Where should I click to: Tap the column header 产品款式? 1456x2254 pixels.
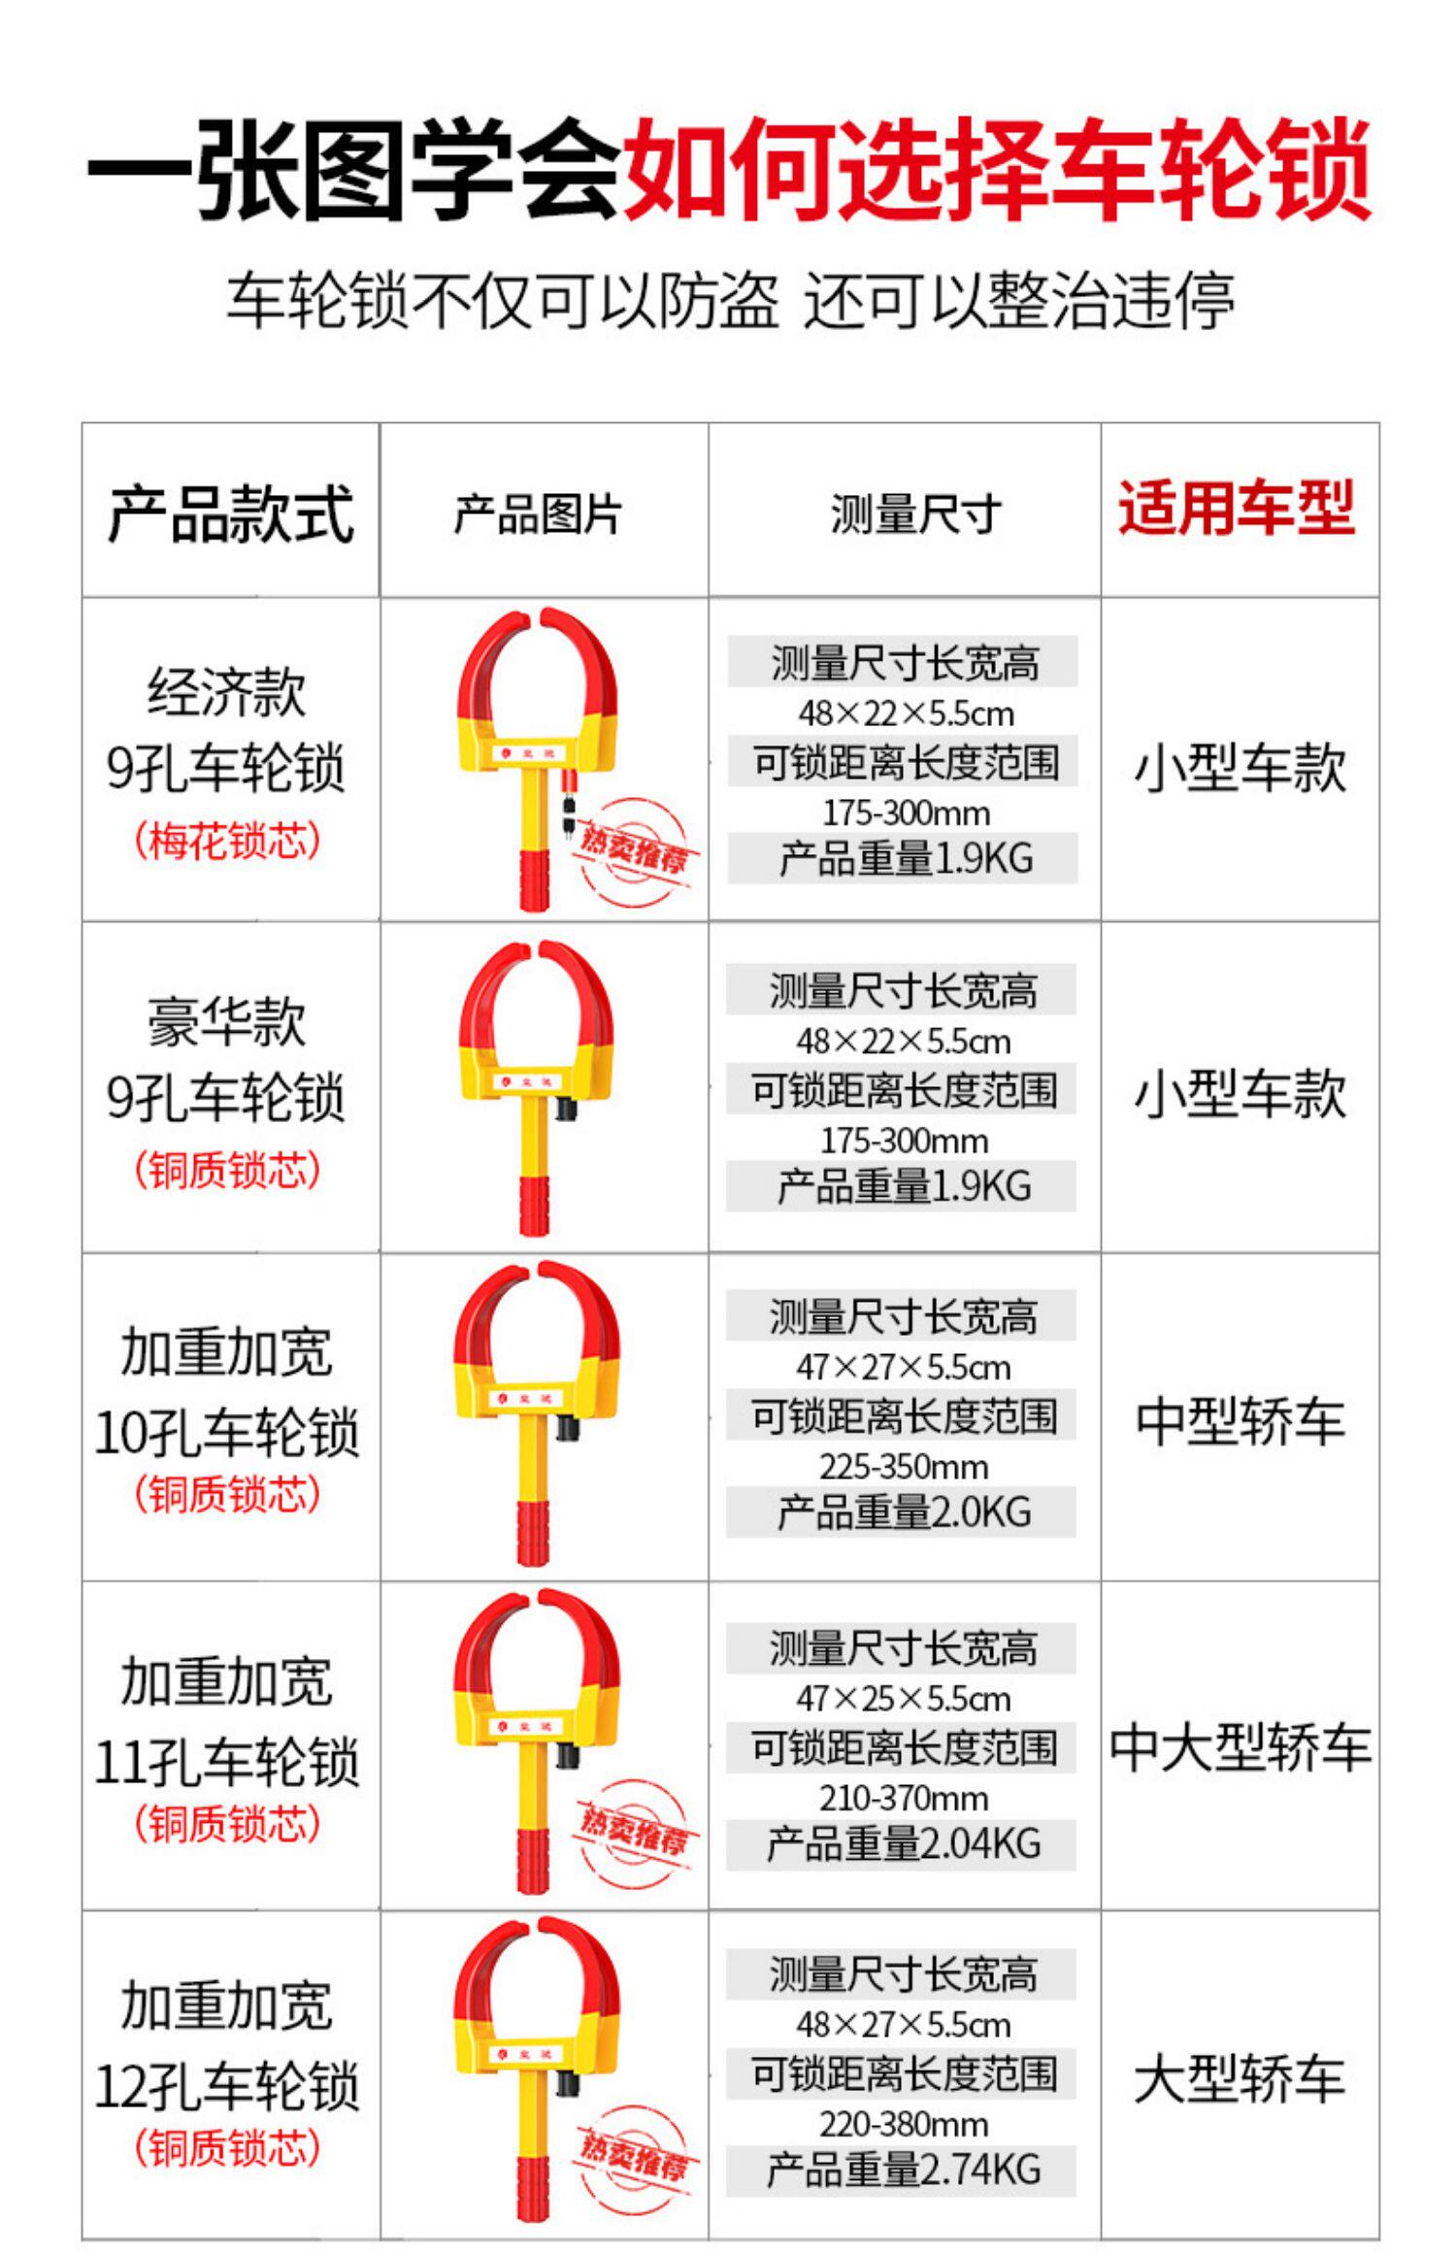[230, 514]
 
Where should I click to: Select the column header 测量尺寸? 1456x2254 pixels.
[915, 514]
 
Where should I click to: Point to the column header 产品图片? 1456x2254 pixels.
[538, 514]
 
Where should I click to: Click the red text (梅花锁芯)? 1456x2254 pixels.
[227, 841]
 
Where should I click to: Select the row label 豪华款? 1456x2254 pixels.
[227, 1021]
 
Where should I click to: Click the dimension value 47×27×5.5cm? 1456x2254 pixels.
[903, 1368]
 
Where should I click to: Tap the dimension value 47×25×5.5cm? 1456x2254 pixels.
[903, 1699]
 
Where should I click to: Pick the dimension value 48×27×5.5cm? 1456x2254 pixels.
[903, 2025]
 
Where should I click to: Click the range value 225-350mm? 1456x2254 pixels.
[903, 1467]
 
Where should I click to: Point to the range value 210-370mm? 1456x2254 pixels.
[903, 1798]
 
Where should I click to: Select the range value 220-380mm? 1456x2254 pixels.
[903, 2124]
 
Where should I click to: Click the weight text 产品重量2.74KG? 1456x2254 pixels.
[903, 2171]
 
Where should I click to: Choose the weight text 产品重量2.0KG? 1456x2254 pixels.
[903, 1512]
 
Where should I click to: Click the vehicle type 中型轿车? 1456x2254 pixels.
[1240, 1421]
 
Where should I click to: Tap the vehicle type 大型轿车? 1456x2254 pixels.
[1240, 2079]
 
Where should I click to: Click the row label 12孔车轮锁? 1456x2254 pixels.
[227, 2087]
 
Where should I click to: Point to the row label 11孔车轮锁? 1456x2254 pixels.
[227, 1762]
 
